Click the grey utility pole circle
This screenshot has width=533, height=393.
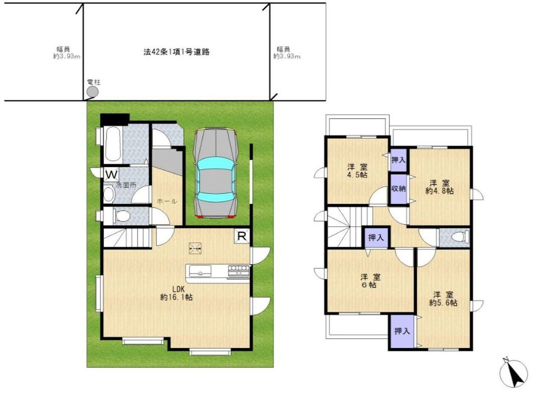(x=92, y=91)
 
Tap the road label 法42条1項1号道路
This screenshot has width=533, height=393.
(x=176, y=52)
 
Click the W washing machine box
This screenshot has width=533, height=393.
(x=111, y=175)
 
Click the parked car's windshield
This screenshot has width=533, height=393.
(x=215, y=164)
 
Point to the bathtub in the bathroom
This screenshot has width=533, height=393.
(x=113, y=144)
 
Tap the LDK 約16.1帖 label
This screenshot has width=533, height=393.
(x=176, y=293)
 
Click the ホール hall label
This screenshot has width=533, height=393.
(x=167, y=201)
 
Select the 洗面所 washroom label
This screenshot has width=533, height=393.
(x=126, y=185)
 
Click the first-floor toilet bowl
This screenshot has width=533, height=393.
(x=122, y=216)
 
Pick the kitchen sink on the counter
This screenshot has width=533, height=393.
(x=200, y=271)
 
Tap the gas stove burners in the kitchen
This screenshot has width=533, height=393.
(x=239, y=270)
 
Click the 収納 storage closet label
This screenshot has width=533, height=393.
(x=399, y=189)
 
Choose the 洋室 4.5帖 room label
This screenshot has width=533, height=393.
(x=357, y=170)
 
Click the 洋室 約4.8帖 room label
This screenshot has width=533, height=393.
(x=439, y=187)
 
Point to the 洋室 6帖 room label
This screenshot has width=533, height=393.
(x=371, y=281)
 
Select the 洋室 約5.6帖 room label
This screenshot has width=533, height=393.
(x=443, y=299)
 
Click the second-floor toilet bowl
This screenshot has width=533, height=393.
(x=458, y=237)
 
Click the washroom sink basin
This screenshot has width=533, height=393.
(x=109, y=195)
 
